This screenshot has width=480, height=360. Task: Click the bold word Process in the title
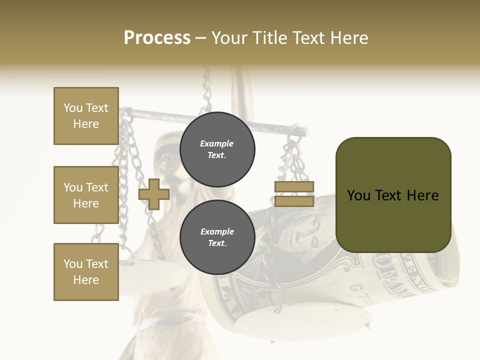(157, 38)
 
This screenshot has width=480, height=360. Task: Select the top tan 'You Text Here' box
(86, 116)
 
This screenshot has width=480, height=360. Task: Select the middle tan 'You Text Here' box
(86, 195)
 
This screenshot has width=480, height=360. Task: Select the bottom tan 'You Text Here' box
(86, 271)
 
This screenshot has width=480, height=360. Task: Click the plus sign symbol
(153, 194)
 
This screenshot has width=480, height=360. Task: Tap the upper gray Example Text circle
(217, 149)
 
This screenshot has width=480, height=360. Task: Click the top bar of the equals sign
(294, 187)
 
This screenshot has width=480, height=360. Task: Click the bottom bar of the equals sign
(294, 201)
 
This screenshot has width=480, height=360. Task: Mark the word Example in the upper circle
(217, 143)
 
